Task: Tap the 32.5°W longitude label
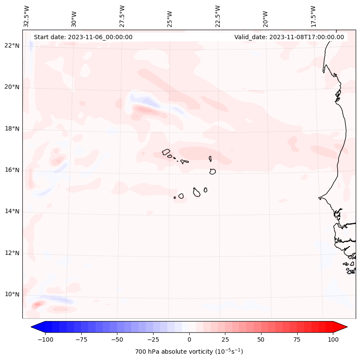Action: coord(27,16)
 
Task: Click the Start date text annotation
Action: coord(83,37)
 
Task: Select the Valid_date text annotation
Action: coord(289,37)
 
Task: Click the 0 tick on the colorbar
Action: coord(189,339)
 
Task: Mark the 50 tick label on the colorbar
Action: coord(262,339)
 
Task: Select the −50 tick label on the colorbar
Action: coord(117,339)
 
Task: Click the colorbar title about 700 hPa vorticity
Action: coord(189,352)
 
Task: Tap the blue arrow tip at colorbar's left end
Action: coord(34,327)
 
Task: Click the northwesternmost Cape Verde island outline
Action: coord(166,151)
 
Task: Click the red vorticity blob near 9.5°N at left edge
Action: coord(38,305)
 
